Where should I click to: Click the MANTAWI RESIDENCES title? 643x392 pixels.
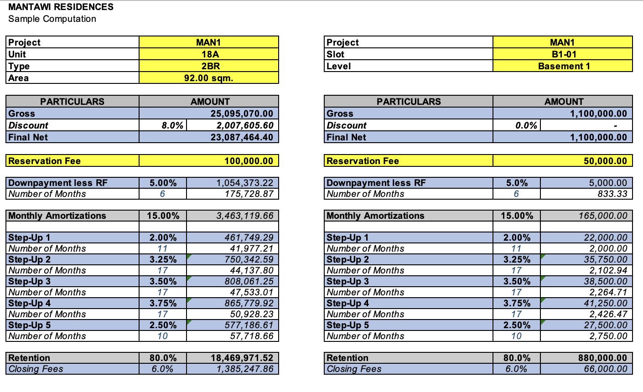(x=61, y=7)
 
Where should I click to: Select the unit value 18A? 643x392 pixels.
(x=209, y=54)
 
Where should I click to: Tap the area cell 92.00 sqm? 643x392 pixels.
(x=209, y=78)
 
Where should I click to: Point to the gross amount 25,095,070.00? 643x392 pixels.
(x=242, y=113)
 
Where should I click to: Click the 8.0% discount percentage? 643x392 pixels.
(x=172, y=125)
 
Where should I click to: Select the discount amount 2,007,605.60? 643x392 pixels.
(x=244, y=125)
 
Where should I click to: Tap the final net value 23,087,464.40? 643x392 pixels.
(x=242, y=137)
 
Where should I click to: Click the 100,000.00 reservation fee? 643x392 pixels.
(x=249, y=161)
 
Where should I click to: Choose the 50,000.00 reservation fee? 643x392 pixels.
(x=605, y=161)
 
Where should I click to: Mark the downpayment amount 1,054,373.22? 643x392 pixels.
(x=244, y=183)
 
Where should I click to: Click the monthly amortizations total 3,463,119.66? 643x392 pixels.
(x=244, y=216)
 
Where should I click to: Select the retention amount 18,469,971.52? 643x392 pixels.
(x=242, y=358)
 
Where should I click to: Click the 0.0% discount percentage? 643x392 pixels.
(x=526, y=125)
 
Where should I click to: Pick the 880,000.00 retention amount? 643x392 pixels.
(x=602, y=358)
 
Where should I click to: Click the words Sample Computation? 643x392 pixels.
(x=52, y=19)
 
